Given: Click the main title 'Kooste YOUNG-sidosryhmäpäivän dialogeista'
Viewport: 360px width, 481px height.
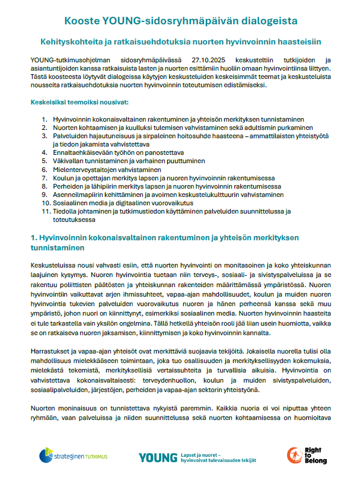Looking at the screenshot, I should (179, 22).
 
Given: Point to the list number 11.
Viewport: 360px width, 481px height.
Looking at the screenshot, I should (45, 211).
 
